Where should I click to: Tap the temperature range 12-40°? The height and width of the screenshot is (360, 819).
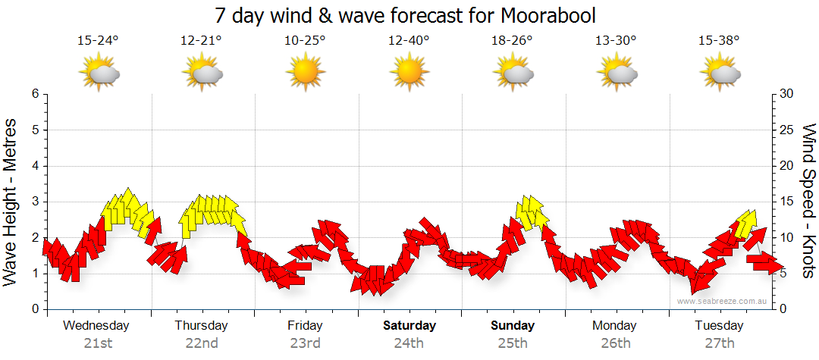click(x=409, y=41)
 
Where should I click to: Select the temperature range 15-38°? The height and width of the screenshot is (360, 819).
click(x=720, y=41)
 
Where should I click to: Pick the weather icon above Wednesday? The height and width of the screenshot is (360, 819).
click(x=99, y=74)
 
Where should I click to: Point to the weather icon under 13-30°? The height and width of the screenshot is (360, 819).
click(x=616, y=74)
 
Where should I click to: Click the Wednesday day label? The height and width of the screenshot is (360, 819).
click(x=96, y=326)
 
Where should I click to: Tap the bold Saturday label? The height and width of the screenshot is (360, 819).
click(x=409, y=326)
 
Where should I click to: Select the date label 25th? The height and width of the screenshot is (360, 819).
click(x=513, y=343)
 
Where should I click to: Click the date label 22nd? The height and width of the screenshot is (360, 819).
click(x=202, y=343)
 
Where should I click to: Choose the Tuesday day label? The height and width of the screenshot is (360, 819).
click(x=719, y=326)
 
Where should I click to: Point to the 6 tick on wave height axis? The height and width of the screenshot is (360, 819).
click(x=35, y=94)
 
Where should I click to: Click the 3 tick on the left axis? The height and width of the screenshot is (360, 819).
click(x=35, y=202)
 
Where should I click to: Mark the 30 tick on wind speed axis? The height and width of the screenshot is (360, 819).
click(x=786, y=94)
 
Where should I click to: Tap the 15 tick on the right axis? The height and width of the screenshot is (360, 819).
click(x=786, y=202)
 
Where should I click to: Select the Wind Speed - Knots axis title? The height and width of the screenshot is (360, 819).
click(x=808, y=201)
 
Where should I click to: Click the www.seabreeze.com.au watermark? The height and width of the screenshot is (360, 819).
click(x=723, y=301)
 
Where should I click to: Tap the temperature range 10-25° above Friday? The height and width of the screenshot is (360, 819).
click(x=305, y=41)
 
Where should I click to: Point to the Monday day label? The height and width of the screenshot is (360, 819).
click(x=615, y=326)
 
